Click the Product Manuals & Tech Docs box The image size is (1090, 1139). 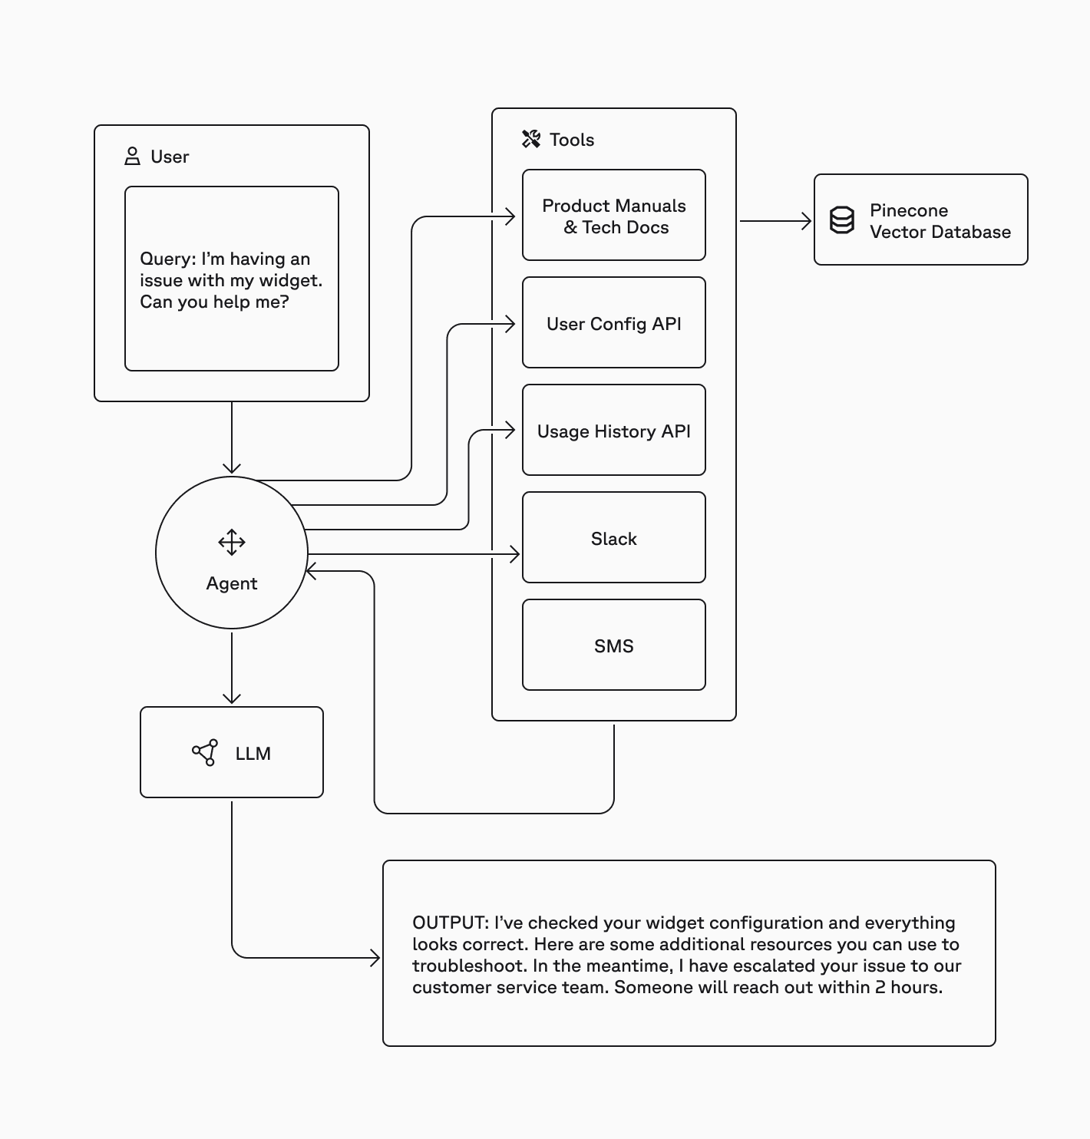(x=613, y=216)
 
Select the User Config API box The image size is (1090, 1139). (x=613, y=323)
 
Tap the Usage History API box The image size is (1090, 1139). (x=613, y=431)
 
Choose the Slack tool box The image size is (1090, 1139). (x=613, y=538)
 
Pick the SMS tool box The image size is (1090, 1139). (x=613, y=645)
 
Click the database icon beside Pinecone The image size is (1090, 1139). (x=842, y=220)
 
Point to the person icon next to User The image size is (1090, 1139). (x=132, y=157)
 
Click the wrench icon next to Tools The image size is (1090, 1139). (x=531, y=139)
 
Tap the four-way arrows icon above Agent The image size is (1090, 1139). (x=231, y=542)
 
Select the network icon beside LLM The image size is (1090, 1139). (x=205, y=753)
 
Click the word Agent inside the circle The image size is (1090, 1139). (x=231, y=583)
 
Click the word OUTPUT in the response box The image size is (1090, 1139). (x=449, y=923)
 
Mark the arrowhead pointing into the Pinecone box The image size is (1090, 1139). (x=807, y=221)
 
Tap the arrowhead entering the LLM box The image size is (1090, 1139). (x=232, y=698)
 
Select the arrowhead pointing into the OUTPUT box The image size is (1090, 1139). (x=375, y=958)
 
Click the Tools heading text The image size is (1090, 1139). (x=572, y=140)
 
